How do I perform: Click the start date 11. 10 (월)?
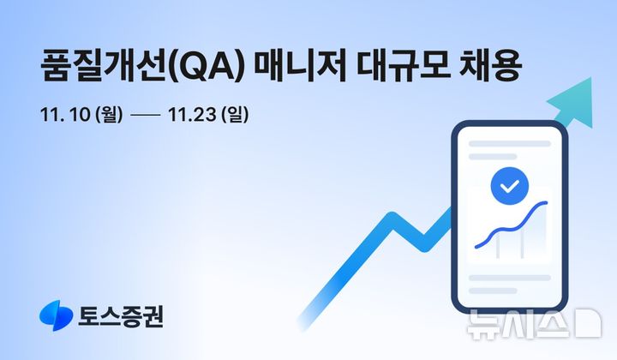81,114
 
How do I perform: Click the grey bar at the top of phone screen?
509,144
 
